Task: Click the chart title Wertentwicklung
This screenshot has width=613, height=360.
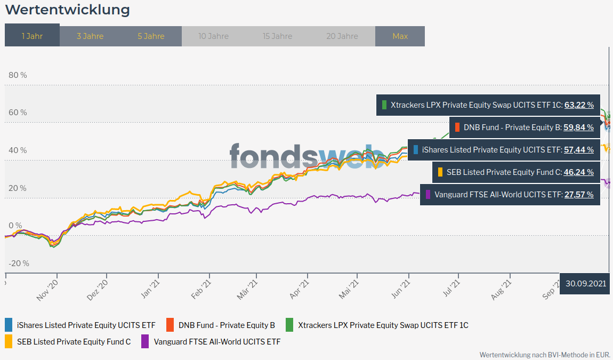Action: point(67,10)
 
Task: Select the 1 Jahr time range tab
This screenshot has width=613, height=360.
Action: point(32,36)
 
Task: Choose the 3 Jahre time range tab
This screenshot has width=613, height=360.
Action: point(90,36)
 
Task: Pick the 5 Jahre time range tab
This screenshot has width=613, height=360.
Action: point(151,36)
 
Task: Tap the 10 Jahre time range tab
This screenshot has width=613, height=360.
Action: point(213,36)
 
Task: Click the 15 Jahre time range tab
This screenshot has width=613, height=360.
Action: point(277,36)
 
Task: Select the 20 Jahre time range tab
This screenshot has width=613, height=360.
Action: point(342,36)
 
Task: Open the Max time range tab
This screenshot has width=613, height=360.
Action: point(400,36)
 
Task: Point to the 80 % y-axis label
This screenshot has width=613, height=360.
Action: point(18,75)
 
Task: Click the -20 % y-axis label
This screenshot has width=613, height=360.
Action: point(19,263)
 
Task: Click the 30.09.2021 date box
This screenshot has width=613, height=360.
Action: point(586,284)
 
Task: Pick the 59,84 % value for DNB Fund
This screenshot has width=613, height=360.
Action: point(578,127)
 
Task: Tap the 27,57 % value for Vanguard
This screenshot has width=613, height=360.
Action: point(579,195)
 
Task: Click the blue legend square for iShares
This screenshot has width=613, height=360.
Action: point(9,325)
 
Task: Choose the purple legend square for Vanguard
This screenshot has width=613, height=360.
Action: point(145,342)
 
